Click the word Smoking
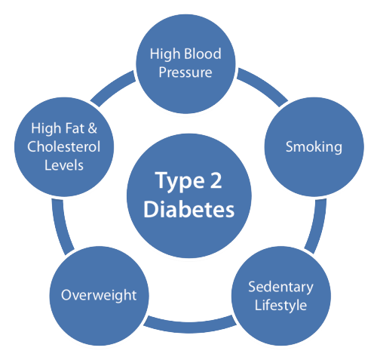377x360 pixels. coord(314,147)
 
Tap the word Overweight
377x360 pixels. coord(99,295)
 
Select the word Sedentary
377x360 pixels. coord(280,287)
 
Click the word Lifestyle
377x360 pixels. coord(280,306)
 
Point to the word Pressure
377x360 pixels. coord(185,72)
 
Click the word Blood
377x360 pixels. coord(203,54)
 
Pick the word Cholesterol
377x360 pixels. coord(64,146)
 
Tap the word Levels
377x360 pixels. coord(64,165)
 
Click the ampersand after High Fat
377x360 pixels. coord(92,128)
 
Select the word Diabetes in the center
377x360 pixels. coord(189,209)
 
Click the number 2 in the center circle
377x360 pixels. coord(216,180)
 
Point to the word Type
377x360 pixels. coord(179,182)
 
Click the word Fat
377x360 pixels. coord(75,128)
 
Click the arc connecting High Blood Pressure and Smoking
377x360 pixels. coord(264,85)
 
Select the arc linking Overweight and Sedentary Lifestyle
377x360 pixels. coord(189,328)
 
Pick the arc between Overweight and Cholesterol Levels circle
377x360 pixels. coord(60,227)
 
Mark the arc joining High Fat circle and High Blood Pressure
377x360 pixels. coord(112,86)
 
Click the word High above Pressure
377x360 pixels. coord(165,54)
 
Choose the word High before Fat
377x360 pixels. coord(47,128)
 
